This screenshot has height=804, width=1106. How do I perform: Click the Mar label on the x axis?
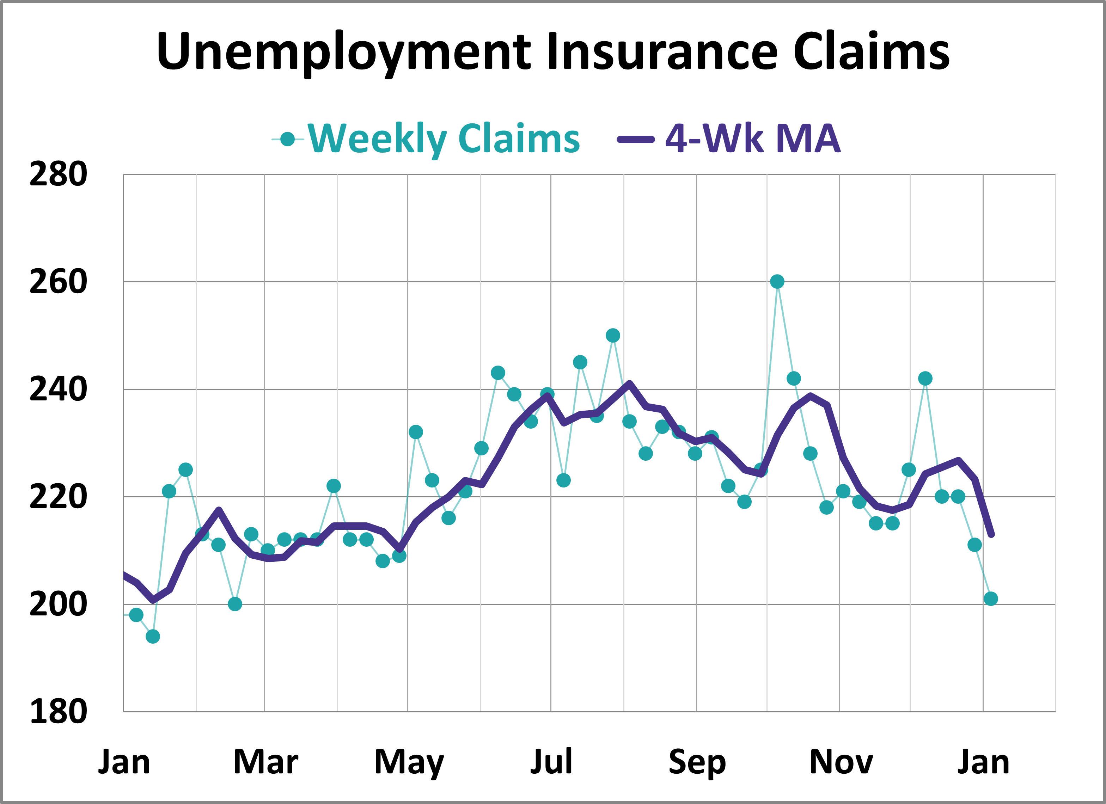click(x=265, y=762)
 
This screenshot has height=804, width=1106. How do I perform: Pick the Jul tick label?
click(x=551, y=762)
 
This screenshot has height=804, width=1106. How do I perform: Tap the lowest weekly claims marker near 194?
click(x=153, y=636)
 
